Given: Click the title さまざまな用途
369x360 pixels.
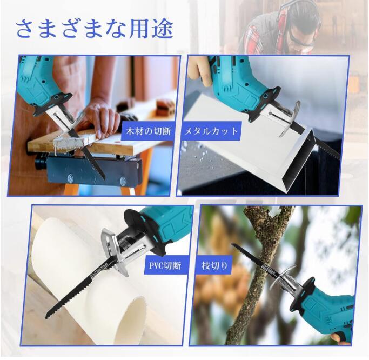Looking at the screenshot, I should pyautogui.click(x=95, y=29).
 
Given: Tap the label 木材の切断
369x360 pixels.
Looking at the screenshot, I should pyautogui.click(x=149, y=131).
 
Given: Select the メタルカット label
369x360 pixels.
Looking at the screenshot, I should pyautogui.click(x=211, y=131).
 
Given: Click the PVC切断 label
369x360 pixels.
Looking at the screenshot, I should pyautogui.click(x=165, y=265).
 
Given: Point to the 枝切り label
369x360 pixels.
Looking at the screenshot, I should pyautogui.click(x=215, y=265).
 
